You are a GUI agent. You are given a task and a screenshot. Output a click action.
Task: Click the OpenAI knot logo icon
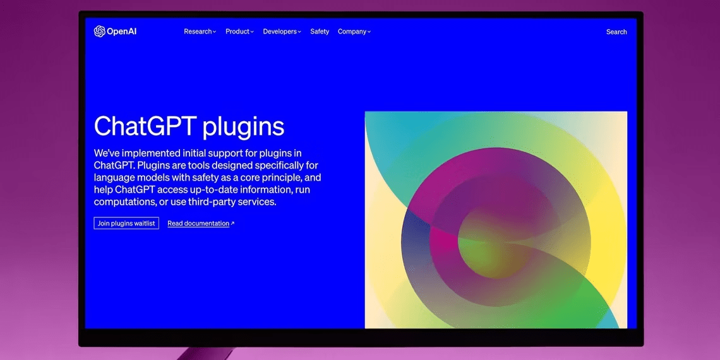(x=99, y=31)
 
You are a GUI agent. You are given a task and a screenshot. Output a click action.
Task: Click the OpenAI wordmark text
(x=122, y=32)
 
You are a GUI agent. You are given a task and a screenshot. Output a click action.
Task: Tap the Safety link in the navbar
(x=320, y=32)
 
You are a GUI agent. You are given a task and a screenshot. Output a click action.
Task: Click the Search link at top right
(x=616, y=32)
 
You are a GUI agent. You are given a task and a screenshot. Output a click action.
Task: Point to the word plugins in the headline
(x=243, y=127)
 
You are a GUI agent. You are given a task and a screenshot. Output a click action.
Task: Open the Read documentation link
(x=198, y=224)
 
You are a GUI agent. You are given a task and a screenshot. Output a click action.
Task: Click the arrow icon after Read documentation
(x=232, y=224)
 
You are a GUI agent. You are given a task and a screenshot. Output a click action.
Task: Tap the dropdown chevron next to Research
(x=214, y=32)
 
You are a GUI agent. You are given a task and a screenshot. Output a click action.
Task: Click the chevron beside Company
(x=369, y=32)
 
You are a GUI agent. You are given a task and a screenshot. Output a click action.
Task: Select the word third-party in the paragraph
(x=210, y=201)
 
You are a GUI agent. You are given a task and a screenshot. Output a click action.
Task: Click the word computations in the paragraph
(x=120, y=202)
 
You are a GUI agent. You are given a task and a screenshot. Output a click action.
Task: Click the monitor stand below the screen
(x=205, y=354)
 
